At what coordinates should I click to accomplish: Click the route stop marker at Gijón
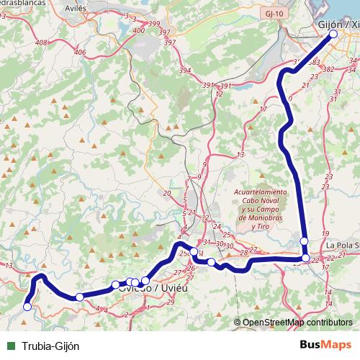tap(333, 34)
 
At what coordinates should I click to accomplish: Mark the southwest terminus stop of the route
tap(28, 307)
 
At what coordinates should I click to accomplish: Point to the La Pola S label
tap(342, 246)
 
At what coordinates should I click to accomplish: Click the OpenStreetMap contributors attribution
tap(297, 323)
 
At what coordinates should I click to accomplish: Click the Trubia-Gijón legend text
tap(50, 346)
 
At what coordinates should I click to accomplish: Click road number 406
tap(79, 53)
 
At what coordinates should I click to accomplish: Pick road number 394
tap(185, 71)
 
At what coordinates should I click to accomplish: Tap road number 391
tap(208, 85)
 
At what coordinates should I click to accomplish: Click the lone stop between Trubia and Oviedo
tap(79, 297)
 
